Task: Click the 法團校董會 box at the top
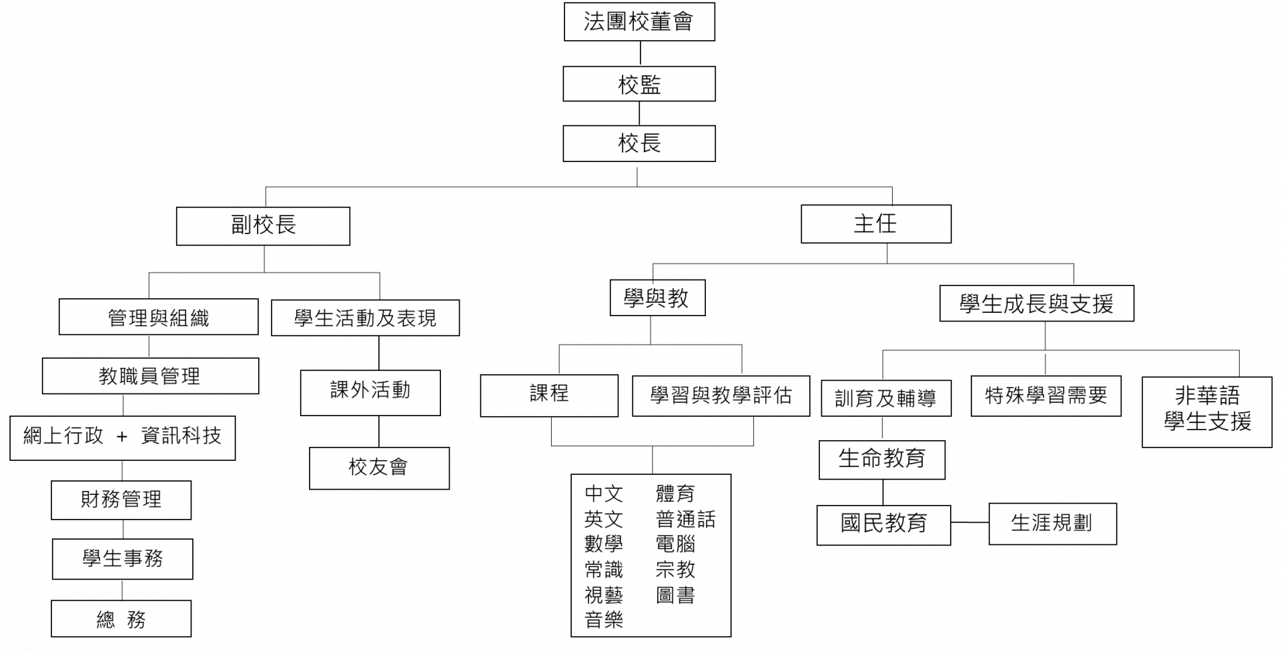[x=639, y=22]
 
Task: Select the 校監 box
[x=639, y=84]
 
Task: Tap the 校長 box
[x=639, y=143]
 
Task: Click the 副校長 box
[x=263, y=225]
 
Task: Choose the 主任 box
[x=875, y=224]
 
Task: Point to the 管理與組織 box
[x=158, y=317]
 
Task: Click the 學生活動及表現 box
[x=365, y=317]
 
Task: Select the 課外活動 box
[x=370, y=392]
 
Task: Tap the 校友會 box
[x=379, y=468]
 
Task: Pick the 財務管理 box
[x=121, y=500]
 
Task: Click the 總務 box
[x=121, y=619]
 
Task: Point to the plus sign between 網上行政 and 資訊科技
[x=121, y=437]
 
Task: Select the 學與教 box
[x=657, y=297]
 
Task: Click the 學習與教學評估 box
[x=721, y=396]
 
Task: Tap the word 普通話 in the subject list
[x=685, y=519]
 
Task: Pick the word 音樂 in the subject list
[x=603, y=620]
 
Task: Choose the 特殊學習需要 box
[x=1045, y=396]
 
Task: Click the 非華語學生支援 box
[x=1206, y=411]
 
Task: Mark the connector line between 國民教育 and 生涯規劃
[x=969, y=522]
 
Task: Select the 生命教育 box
[x=881, y=459]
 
